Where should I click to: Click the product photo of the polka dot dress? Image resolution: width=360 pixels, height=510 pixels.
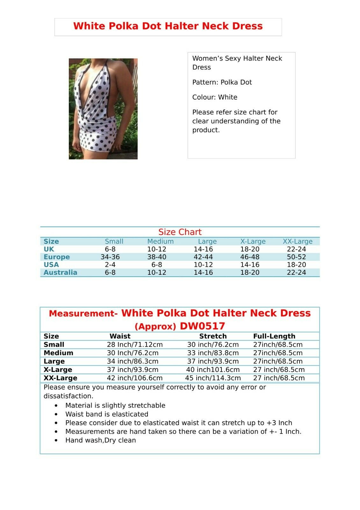point(103,109)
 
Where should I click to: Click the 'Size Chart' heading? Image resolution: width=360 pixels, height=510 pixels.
point(180,232)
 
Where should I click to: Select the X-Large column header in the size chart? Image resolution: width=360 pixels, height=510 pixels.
point(253,242)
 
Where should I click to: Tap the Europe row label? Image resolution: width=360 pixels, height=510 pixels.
point(57,257)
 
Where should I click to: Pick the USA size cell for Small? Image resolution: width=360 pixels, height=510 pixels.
point(110,265)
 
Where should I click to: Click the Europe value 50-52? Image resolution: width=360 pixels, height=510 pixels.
point(296,257)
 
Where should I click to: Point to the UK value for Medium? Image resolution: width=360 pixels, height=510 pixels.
point(156,249)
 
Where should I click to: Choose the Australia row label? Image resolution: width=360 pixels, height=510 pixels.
point(60,273)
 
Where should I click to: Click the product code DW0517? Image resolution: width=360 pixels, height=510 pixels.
point(202,326)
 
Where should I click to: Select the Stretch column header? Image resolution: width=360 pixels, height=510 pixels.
point(213,336)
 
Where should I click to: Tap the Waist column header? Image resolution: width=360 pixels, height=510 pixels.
point(120,336)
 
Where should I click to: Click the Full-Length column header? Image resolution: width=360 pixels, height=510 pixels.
point(274,336)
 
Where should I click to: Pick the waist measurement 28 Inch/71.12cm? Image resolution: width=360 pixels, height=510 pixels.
point(135,345)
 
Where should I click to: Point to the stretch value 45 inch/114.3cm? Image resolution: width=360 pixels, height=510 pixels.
point(213,378)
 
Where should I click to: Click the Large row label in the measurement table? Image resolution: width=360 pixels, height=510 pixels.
point(54,361)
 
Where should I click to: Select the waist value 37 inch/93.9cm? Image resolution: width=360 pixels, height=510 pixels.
point(133,370)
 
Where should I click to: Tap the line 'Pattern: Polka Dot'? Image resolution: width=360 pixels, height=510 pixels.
point(222,82)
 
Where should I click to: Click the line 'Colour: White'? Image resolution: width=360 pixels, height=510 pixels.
point(215,97)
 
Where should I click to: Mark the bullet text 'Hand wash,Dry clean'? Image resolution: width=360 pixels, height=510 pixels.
point(101,440)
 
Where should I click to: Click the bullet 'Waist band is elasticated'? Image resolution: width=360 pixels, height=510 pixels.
point(107,414)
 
